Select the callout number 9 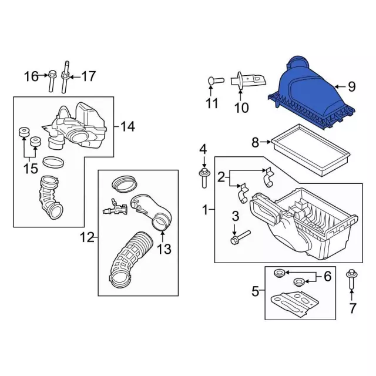tap(351, 86)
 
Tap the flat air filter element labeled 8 tap(311, 150)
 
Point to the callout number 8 tap(255, 142)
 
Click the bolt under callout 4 tap(204, 179)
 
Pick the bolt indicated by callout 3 tap(240, 237)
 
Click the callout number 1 tap(205, 210)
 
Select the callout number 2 tap(221, 177)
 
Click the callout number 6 tap(328, 276)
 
